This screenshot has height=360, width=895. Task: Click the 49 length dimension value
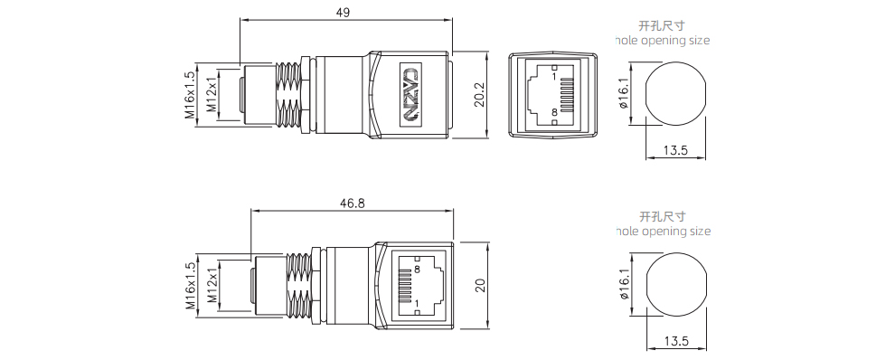(x=343, y=13)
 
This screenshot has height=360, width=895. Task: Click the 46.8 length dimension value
(x=352, y=204)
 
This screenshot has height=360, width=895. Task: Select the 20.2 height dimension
(x=479, y=94)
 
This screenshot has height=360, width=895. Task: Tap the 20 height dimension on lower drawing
(x=480, y=285)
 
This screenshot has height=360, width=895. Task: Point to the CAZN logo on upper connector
(x=411, y=94)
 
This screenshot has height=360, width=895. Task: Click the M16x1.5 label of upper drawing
(x=190, y=94)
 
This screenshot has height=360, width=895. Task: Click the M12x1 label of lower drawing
(x=212, y=286)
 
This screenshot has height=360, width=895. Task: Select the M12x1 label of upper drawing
(x=212, y=94)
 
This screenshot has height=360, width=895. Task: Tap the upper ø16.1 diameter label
(x=623, y=94)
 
